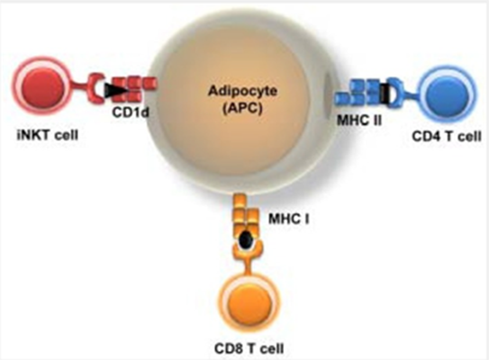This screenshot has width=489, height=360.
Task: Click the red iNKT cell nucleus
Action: tap(42, 86)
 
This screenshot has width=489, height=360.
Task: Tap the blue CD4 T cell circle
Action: tap(448, 93)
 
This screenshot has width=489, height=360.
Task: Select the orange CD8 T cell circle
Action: tap(249, 302)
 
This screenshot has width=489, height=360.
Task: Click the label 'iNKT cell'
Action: tap(48, 135)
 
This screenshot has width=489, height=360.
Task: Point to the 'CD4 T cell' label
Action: tap(447, 136)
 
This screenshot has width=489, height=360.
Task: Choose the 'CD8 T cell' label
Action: tap(249, 348)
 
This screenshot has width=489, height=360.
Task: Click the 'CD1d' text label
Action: tap(131, 112)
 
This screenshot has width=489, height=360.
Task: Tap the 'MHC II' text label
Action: tap(359, 120)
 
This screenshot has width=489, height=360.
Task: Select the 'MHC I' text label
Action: tap(289, 219)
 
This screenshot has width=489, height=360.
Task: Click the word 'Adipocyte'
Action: tap(242, 91)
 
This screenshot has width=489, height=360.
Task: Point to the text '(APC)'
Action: tap(242, 109)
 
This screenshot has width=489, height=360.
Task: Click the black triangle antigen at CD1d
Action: tap(115, 90)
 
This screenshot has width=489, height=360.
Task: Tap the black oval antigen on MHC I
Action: tap(247, 239)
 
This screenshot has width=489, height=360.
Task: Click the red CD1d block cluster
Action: tap(133, 89)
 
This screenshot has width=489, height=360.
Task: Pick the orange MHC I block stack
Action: tap(246, 215)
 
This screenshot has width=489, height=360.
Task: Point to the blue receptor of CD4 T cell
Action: tap(396, 93)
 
